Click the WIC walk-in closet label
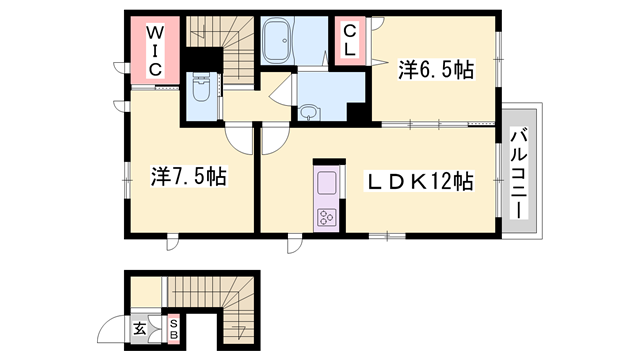click(156, 49)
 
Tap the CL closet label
click(350, 41)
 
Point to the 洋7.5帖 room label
click(188, 177)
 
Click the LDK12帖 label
click(421, 182)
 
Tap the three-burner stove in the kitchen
click(327, 216)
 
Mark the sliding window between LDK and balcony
click(497, 176)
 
